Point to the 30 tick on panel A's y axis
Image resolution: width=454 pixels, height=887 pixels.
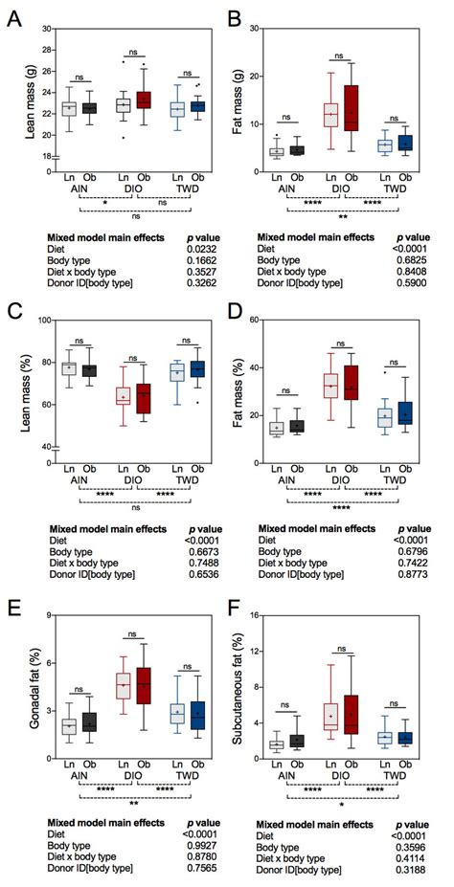(43, 30)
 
